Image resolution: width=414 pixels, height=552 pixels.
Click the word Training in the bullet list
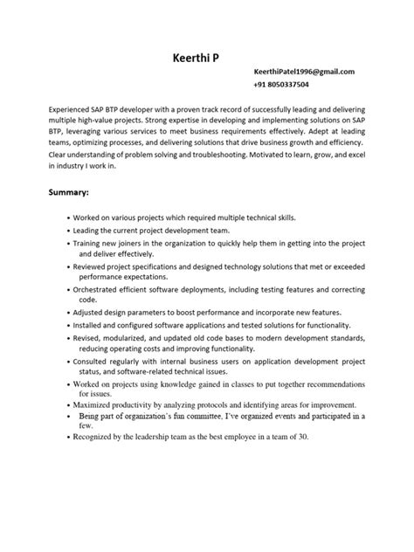point(93,239)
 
